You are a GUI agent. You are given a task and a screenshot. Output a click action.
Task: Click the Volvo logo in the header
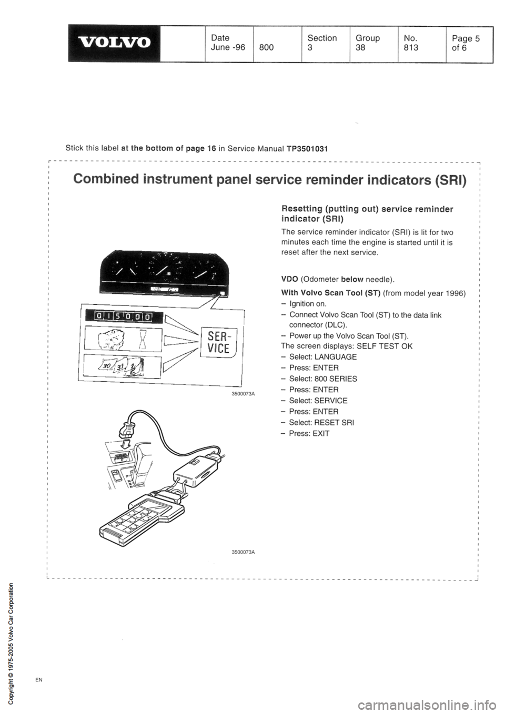coord(114,42)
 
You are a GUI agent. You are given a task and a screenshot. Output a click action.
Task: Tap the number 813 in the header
coord(410,48)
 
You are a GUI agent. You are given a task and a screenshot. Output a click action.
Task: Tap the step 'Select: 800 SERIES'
coord(319,379)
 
